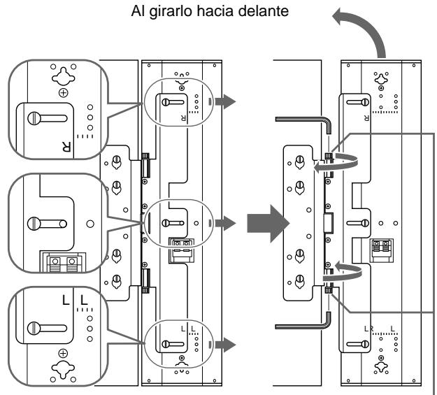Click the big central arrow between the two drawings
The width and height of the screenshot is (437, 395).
click(x=268, y=223)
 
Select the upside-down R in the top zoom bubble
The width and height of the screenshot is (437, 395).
click(x=66, y=147)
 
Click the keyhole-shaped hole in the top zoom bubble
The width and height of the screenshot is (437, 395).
click(x=64, y=76)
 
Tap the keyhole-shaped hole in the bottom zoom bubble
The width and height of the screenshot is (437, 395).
click(x=63, y=369)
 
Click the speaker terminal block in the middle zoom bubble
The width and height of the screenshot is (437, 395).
click(x=64, y=262)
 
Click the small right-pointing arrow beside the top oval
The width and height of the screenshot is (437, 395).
click(x=225, y=101)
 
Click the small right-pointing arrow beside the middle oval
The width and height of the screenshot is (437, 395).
click(x=225, y=223)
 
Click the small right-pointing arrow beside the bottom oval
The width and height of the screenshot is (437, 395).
click(x=225, y=345)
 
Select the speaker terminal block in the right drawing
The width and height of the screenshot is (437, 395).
click(x=381, y=250)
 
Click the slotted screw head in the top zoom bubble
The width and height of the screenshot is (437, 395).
click(x=34, y=118)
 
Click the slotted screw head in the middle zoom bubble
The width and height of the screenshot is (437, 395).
click(x=34, y=224)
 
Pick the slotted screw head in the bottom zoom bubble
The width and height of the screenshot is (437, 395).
click(x=34, y=328)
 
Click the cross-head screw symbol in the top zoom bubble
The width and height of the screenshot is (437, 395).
click(x=64, y=93)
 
